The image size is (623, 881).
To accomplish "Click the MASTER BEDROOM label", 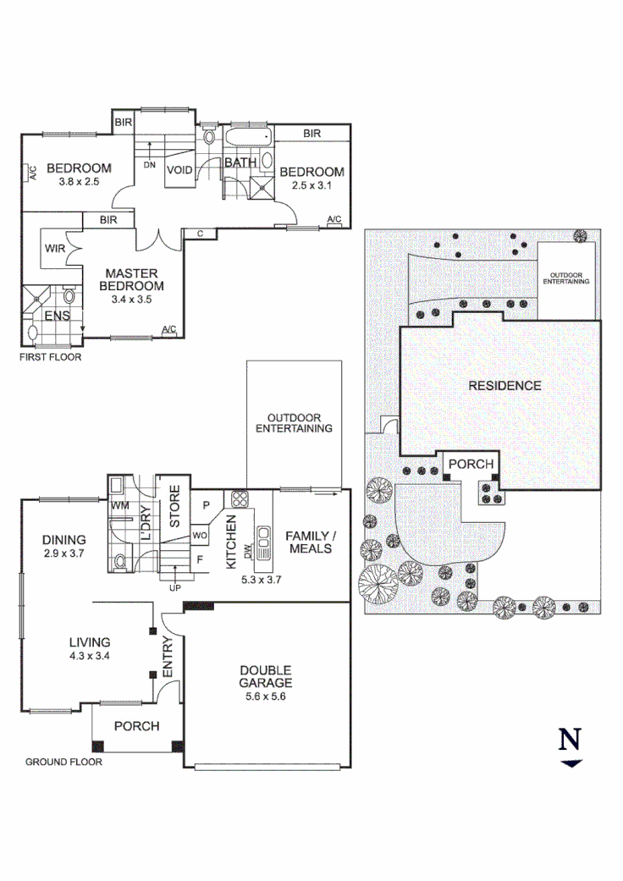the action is [x=133, y=279].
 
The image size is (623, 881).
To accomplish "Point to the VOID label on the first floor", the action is [x=179, y=169].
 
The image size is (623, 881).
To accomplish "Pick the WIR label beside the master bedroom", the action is [x=54, y=250].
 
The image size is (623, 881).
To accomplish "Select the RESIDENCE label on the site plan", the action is [x=504, y=386].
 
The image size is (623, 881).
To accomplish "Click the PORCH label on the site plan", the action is [x=471, y=465].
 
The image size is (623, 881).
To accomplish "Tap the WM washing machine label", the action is [x=120, y=506].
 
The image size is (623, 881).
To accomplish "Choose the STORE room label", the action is [x=175, y=507].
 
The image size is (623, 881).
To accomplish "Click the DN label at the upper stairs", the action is [x=150, y=165].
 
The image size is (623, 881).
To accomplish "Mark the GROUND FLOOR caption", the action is [x=63, y=763].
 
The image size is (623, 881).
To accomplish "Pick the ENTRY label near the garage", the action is [x=167, y=656].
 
